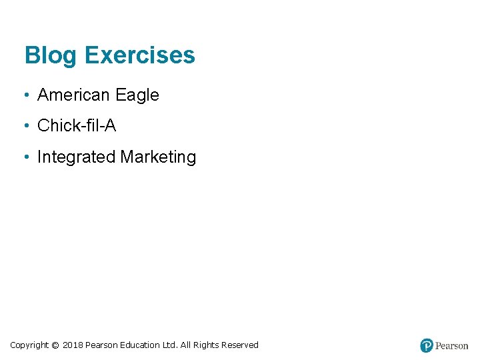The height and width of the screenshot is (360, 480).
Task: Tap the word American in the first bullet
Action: (x=73, y=95)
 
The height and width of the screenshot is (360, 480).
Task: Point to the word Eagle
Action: (x=137, y=95)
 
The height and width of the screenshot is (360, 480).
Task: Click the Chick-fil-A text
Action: (x=77, y=125)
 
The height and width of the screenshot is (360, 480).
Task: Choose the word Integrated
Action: (x=76, y=157)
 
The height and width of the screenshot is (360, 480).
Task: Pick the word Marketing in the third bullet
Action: (x=158, y=157)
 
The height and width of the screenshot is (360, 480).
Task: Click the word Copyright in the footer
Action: (x=29, y=345)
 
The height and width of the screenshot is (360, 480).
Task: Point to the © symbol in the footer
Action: (x=55, y=345)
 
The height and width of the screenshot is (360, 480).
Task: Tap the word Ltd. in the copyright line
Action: (x=170, y=345)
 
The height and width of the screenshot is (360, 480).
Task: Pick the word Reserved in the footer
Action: (x=240, y=345)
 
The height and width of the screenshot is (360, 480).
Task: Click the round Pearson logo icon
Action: (x=427, y=345)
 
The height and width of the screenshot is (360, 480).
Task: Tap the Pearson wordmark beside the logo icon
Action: (x=451, y=345)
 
